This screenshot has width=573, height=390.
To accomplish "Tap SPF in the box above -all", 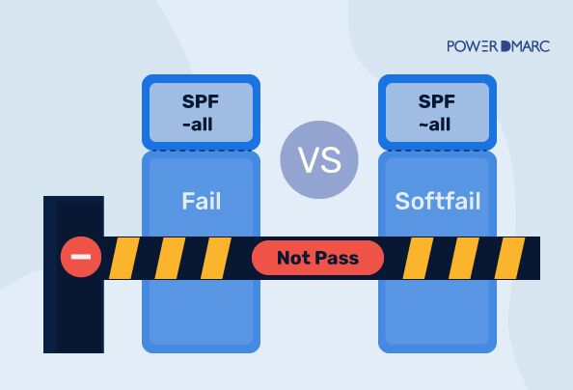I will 201,100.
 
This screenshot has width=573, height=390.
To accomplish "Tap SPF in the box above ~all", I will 437,100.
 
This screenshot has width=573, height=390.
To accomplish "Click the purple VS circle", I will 318,160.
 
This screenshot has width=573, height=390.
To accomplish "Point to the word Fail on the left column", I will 201,202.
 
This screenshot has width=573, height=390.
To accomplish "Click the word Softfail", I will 437,202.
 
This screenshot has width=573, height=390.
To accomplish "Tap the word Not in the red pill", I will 295,258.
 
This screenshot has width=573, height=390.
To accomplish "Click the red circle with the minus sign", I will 80,258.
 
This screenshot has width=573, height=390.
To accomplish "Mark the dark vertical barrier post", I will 73,319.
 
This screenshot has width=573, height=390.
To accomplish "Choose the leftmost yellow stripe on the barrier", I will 123,258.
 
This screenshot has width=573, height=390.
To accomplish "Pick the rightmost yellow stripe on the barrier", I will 512,258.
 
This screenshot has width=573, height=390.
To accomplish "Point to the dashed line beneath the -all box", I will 201,150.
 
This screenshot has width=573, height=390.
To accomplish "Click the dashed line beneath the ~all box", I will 437,150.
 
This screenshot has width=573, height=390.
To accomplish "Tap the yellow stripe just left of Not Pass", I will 217,258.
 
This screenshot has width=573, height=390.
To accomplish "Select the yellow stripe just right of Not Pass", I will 419,258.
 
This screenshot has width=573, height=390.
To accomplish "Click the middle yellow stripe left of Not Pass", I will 171,258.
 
